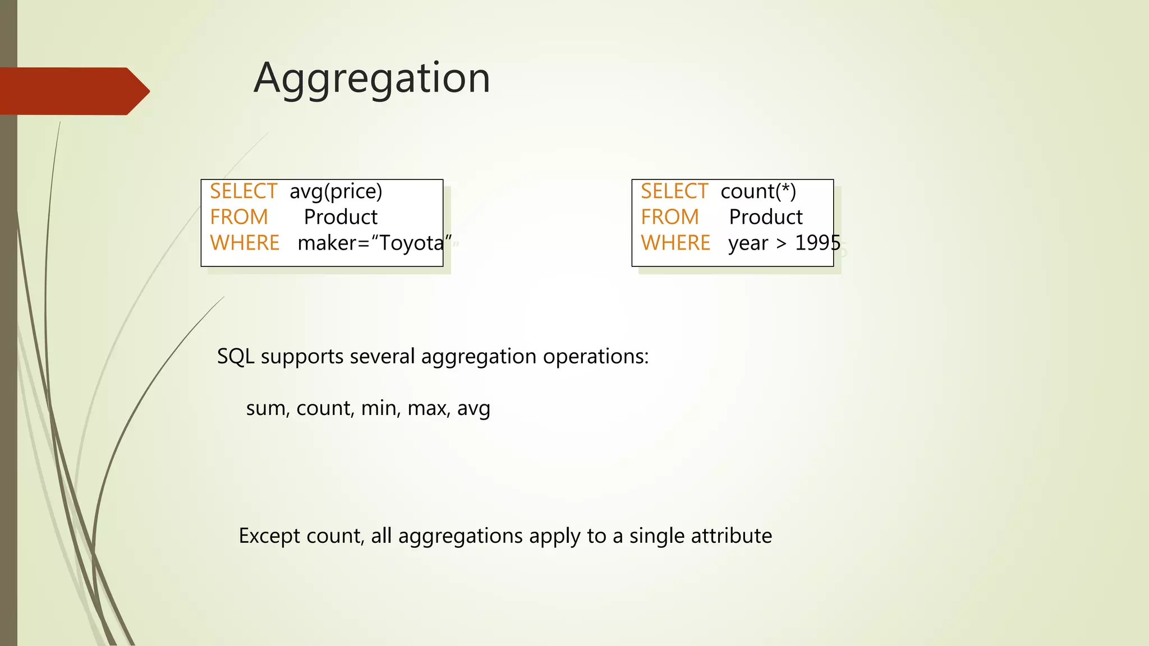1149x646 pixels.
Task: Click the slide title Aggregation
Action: point(372,79)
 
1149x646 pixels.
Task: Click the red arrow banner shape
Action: point(73,91)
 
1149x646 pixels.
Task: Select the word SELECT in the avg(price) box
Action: point(243,192)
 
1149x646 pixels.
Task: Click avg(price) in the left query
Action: point(335,192)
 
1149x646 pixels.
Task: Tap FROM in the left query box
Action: point(239,217)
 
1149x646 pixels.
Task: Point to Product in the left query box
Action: point(341,217)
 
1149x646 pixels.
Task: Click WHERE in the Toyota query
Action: point(245,243)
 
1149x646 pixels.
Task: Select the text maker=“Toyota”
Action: point(374,243)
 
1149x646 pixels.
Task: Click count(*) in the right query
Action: point(758,192)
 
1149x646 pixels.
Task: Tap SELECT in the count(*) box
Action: point(674,192)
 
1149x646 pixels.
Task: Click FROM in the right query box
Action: point(670,217)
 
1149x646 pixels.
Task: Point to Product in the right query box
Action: point(766,217)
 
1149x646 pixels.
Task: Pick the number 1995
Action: point(817,243)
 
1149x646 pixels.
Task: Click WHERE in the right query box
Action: point(675,243)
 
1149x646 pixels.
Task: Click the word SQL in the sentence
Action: point(235,357)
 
